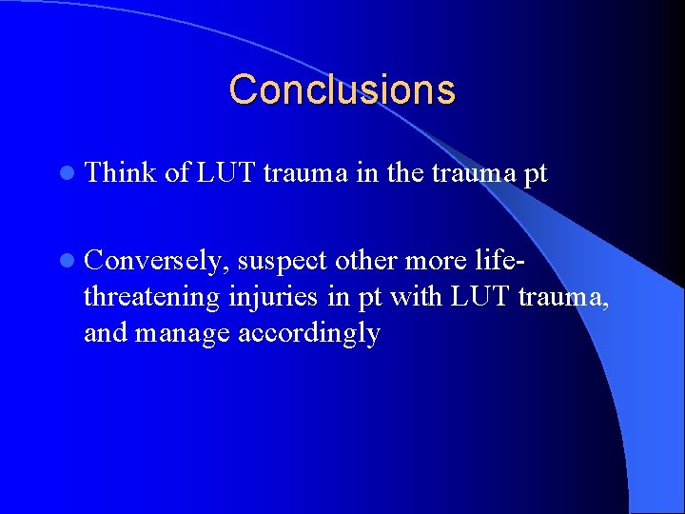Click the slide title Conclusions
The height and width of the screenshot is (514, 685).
(342, 90)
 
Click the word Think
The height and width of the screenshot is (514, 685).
(120, 172)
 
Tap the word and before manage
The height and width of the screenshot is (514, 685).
(107, 334)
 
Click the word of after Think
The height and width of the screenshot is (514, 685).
(176, 172)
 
